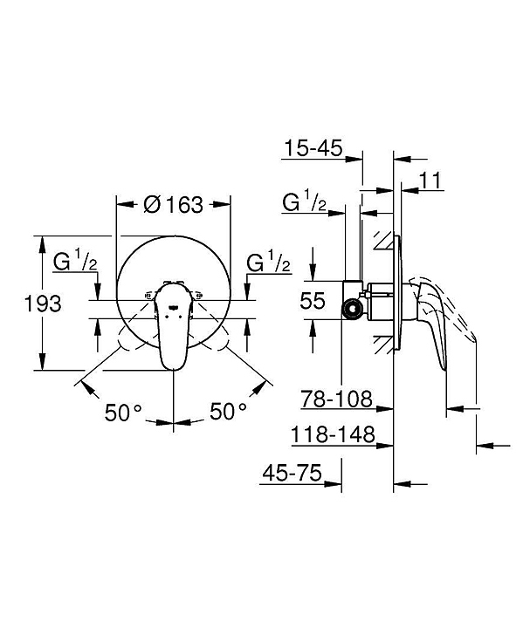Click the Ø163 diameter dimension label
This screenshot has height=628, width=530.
173,205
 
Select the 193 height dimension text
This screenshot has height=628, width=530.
43,304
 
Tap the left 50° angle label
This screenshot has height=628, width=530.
123,412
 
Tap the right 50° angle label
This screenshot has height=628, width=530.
228,412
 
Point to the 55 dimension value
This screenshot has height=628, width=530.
313,300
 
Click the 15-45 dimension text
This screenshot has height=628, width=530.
313,148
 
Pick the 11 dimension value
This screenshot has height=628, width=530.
430,181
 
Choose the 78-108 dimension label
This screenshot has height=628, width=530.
337,399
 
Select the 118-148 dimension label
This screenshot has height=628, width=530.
333,434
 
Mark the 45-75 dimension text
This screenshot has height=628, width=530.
293,473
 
